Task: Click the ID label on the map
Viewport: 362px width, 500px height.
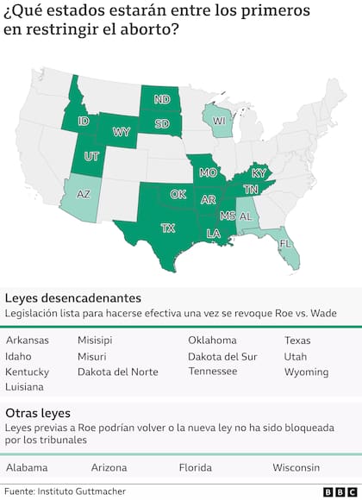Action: pyautogui.click(x=84, y=121)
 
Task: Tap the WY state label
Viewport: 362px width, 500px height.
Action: pyautogui.click(x=122, y=132)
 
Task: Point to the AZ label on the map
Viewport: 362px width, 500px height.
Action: pyautogui.click(x=83, y=195)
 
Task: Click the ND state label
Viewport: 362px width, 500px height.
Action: pyautogui.click(x=162, y=99)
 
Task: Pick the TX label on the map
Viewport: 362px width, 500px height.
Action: pyautogui.click(x=168, y=228)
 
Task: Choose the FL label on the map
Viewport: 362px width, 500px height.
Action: pyautogui.click(x=284, y=244)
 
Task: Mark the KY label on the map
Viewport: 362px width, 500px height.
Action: pyautogui.click(x=259, y=173)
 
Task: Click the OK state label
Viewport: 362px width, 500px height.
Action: pyautogui.click(x=178, y=194)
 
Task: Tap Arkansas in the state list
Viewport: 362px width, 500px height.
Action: pyautogui.click(x=27, y=340)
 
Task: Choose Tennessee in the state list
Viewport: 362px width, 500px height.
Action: pyautogui.click(x=212, y=371)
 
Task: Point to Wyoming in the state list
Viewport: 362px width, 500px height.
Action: pyautogui.click(x=306, y=372)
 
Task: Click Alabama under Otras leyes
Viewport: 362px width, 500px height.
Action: pyautogui.click(x=26, y=467)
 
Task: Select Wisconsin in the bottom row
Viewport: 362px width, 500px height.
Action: pyautogui.click(x=296, y=467)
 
